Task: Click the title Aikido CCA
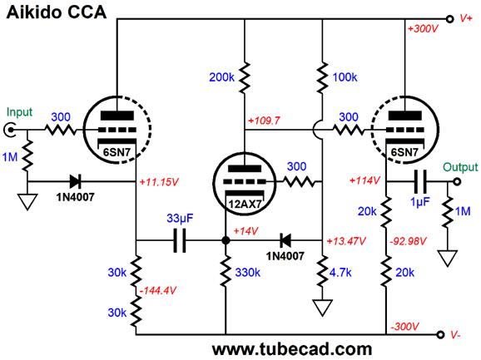(x=56, y=12)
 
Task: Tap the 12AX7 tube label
(x=245, y=204)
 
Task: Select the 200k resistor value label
(x=221, y=77)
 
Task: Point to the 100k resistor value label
(x=345, y=77)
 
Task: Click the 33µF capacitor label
(x=180, y=218)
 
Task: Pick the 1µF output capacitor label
(x=420, y=201)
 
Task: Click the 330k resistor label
(x=247, y=272)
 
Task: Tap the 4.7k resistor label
(x=340, y=272)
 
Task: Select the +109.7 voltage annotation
(x=264, y=121)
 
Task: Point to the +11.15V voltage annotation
(x=159, y=182)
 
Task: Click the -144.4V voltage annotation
(x=158, y=290)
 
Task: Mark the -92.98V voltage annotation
(x=408, y=241)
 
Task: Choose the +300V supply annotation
(x=423, y=29)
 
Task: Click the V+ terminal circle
(x=449, y=19)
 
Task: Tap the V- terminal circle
(x=440, y=334)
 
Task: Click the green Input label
(x=19, y=112)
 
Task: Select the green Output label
(x=460, y=167)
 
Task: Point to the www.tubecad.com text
(x=292, y=349)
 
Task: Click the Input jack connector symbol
(x=10, y=130)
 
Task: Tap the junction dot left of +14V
(x=226, y=240)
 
